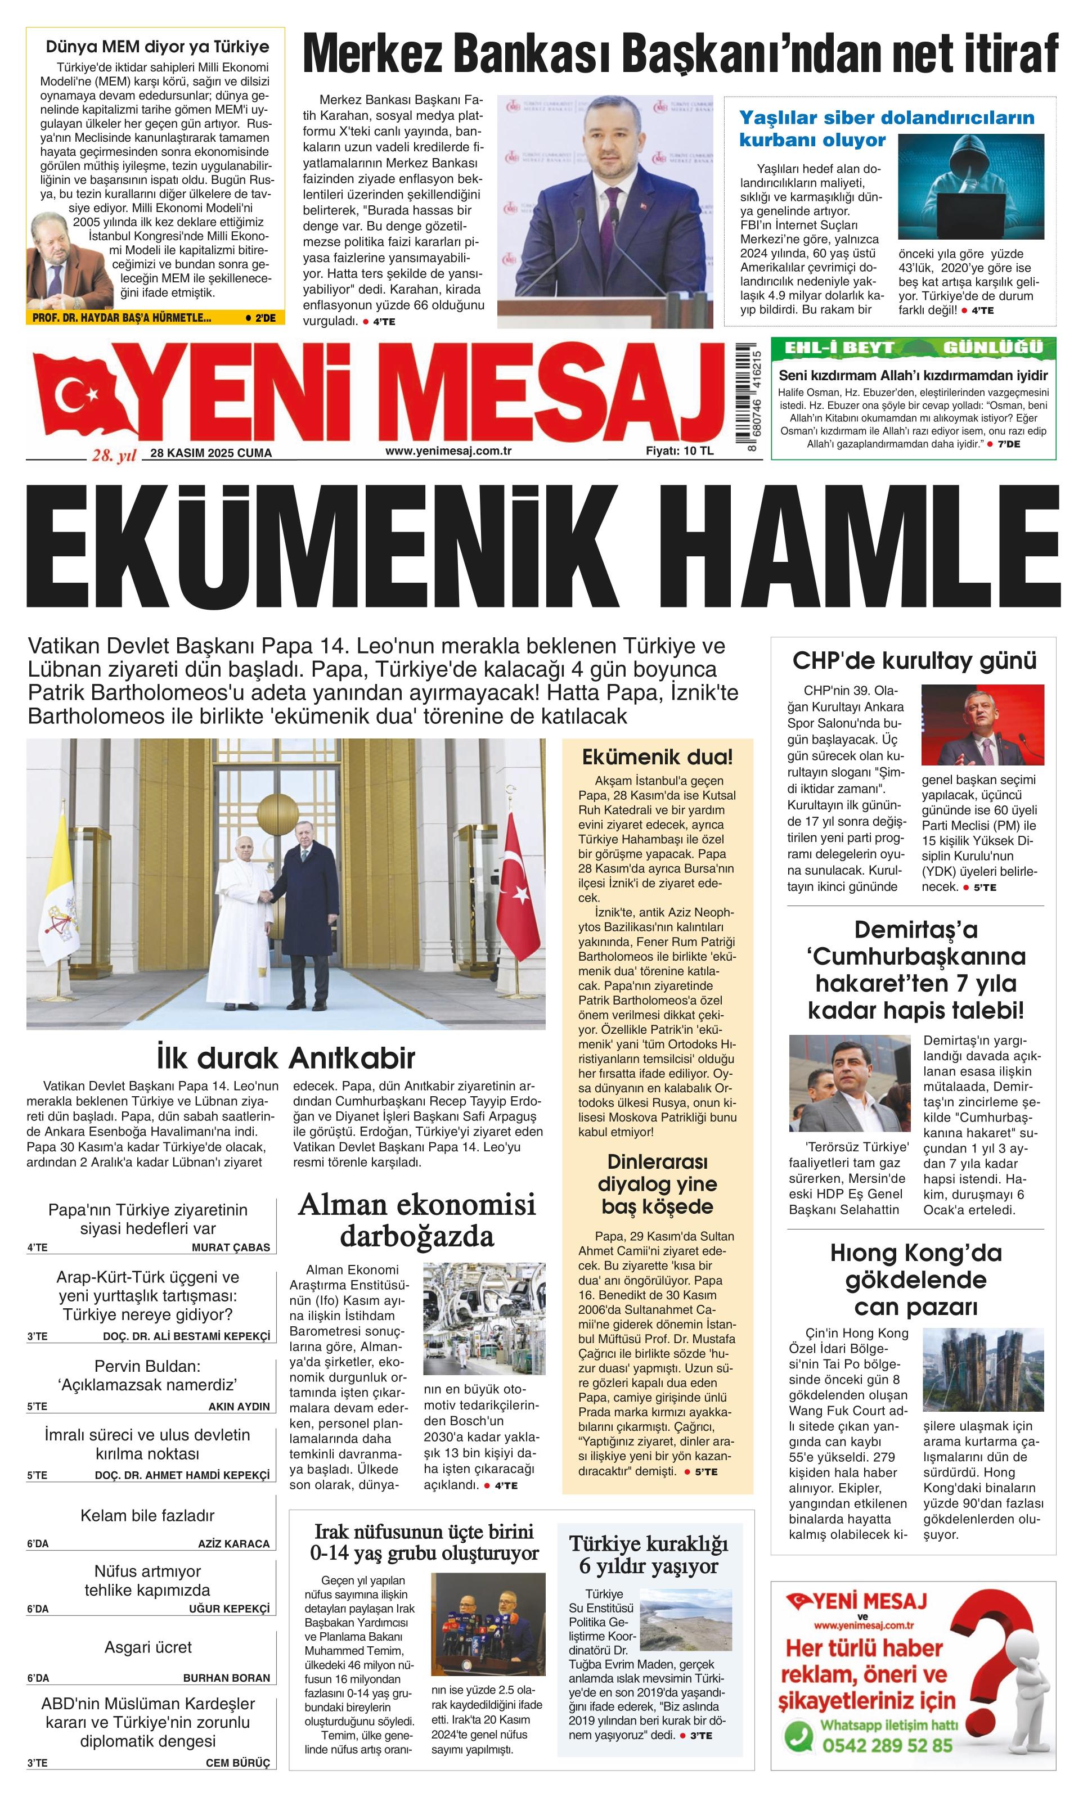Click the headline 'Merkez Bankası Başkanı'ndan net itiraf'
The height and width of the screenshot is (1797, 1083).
point(680,54)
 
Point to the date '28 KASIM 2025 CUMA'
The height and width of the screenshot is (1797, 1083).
point(211,453)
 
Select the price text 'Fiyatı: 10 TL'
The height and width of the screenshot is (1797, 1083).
point(679,451)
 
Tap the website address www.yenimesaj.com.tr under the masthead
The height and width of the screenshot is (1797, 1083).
point(448,451)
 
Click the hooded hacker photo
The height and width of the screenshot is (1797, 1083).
point(969,187)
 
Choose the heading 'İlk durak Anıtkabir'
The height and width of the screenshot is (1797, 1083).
point(285,1057)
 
